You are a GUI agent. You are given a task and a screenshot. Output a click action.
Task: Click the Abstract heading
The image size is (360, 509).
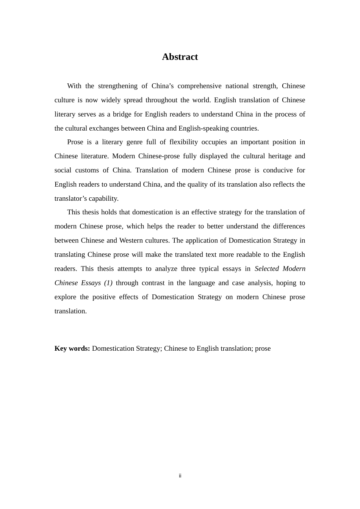[180, 57]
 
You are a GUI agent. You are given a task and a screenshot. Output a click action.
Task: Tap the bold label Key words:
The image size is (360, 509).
[72, 348]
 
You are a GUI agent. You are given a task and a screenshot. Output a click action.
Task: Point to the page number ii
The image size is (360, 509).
[180, 476]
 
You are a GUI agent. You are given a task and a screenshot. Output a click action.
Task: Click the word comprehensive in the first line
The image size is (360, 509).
[199, 86]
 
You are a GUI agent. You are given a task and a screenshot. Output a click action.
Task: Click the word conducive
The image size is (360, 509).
[274, 170]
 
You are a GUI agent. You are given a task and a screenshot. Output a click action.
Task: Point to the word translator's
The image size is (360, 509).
[70, 198]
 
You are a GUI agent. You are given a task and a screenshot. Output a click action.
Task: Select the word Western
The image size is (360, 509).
[131, 240]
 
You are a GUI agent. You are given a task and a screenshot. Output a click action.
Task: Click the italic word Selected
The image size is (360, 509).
[267, 269]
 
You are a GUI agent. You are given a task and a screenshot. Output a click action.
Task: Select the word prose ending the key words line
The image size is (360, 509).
[263, 348]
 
